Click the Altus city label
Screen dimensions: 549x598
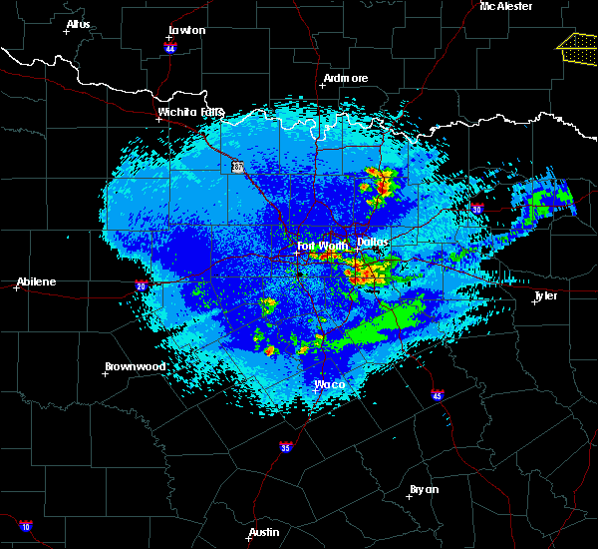click(78, 24)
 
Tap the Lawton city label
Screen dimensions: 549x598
click(186, 30)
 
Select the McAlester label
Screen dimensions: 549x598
click(505, 6)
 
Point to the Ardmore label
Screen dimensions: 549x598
click(346, 78)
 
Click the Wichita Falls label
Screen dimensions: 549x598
click(190, 112)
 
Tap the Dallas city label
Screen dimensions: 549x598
click(374, 242)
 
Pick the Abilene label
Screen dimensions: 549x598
click(35, 281)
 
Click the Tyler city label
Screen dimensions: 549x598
click(545, 295)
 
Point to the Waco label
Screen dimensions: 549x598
click(329, 384)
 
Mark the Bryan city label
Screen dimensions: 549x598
click(424, 489)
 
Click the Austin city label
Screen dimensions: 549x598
click(263, 532)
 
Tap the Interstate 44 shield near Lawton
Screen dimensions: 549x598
click(170, 47)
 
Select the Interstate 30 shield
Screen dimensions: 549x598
click(477, 209)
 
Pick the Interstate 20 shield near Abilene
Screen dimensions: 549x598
click(140, 285)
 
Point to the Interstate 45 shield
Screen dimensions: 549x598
click(438, 396)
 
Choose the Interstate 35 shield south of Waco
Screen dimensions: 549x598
click(286, 447)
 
